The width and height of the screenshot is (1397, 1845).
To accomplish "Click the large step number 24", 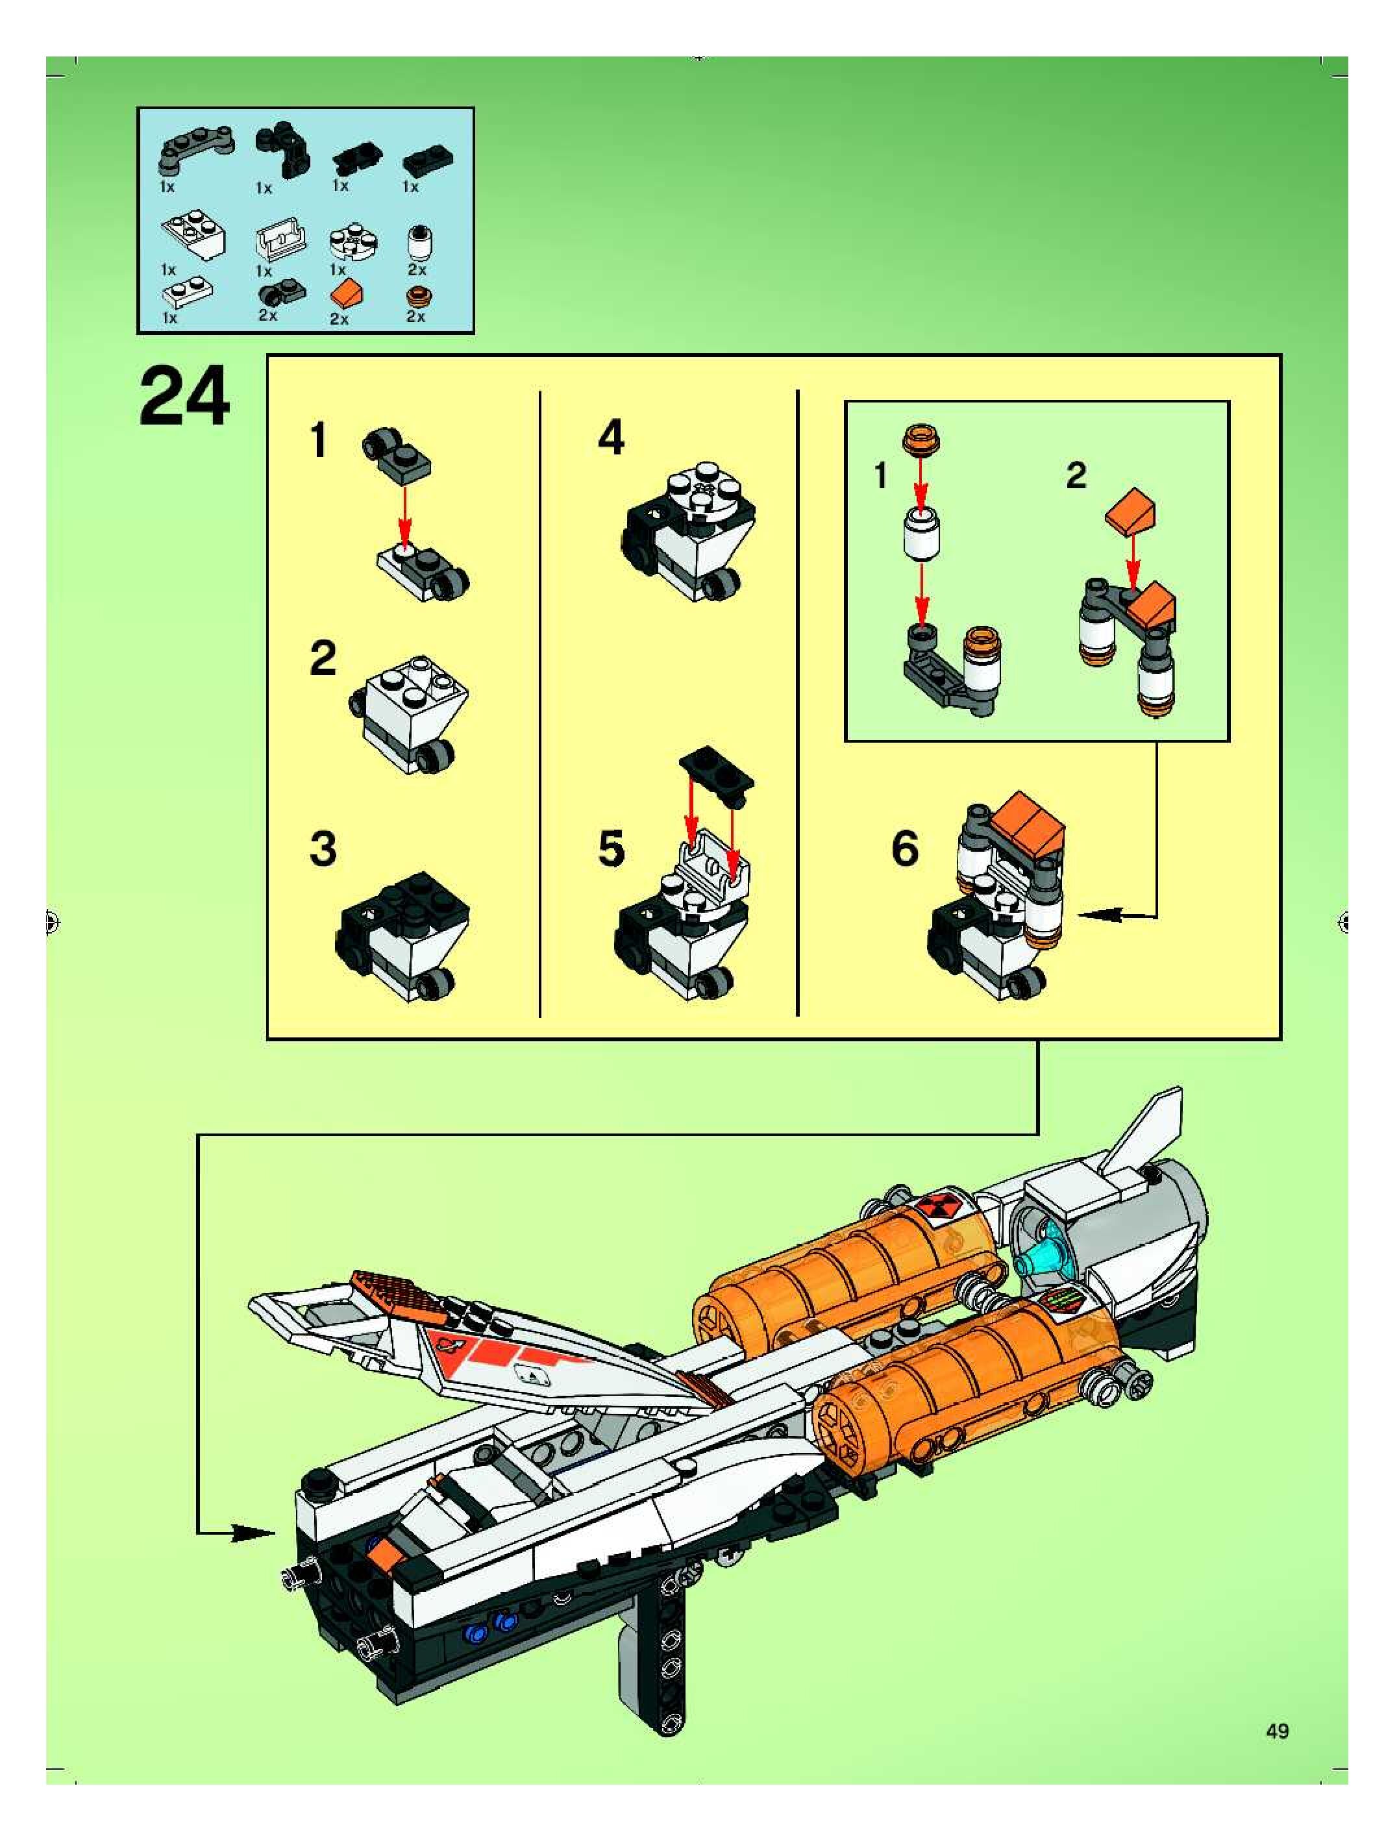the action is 184,399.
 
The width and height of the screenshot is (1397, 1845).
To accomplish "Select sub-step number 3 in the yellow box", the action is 323,849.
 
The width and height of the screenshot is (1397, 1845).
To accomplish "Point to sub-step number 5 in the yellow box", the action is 612,849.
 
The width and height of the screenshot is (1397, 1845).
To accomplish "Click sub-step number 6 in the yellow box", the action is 905,849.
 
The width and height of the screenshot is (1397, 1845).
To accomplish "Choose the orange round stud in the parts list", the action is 416,297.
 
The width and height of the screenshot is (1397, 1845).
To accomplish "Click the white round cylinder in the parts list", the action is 417,246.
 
